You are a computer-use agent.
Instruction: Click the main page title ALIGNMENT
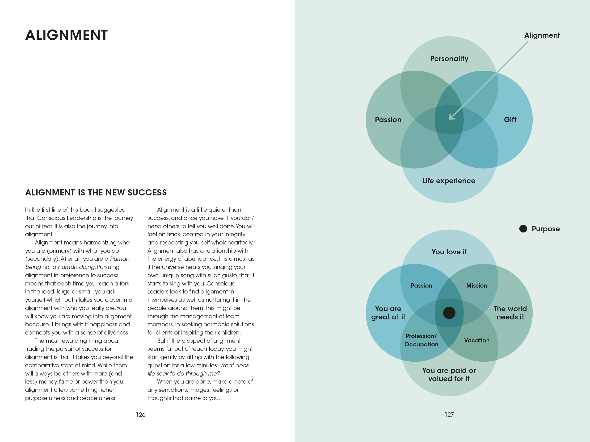(66, 35)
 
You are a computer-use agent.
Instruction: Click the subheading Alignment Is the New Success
(96, 192)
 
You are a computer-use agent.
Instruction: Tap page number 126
(141, 415)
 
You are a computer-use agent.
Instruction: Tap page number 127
(449, 415)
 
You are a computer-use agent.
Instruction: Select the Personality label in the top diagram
(449, 59)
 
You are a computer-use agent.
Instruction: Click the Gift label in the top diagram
(510, 120)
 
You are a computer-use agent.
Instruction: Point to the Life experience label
(449, 181)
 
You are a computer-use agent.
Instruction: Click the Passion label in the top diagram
(388, 120)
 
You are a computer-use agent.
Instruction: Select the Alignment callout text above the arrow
(542, 35)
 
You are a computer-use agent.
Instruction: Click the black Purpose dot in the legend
(523, 229)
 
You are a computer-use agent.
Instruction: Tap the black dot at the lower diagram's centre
(449, 313)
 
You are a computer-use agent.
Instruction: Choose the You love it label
(449, 252)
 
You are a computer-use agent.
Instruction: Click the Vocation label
(477, 340)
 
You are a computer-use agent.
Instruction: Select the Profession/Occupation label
(421, 340)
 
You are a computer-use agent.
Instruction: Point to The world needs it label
(510, 313)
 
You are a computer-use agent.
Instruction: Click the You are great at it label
(388, 313)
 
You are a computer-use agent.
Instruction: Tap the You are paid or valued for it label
(449, 374)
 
